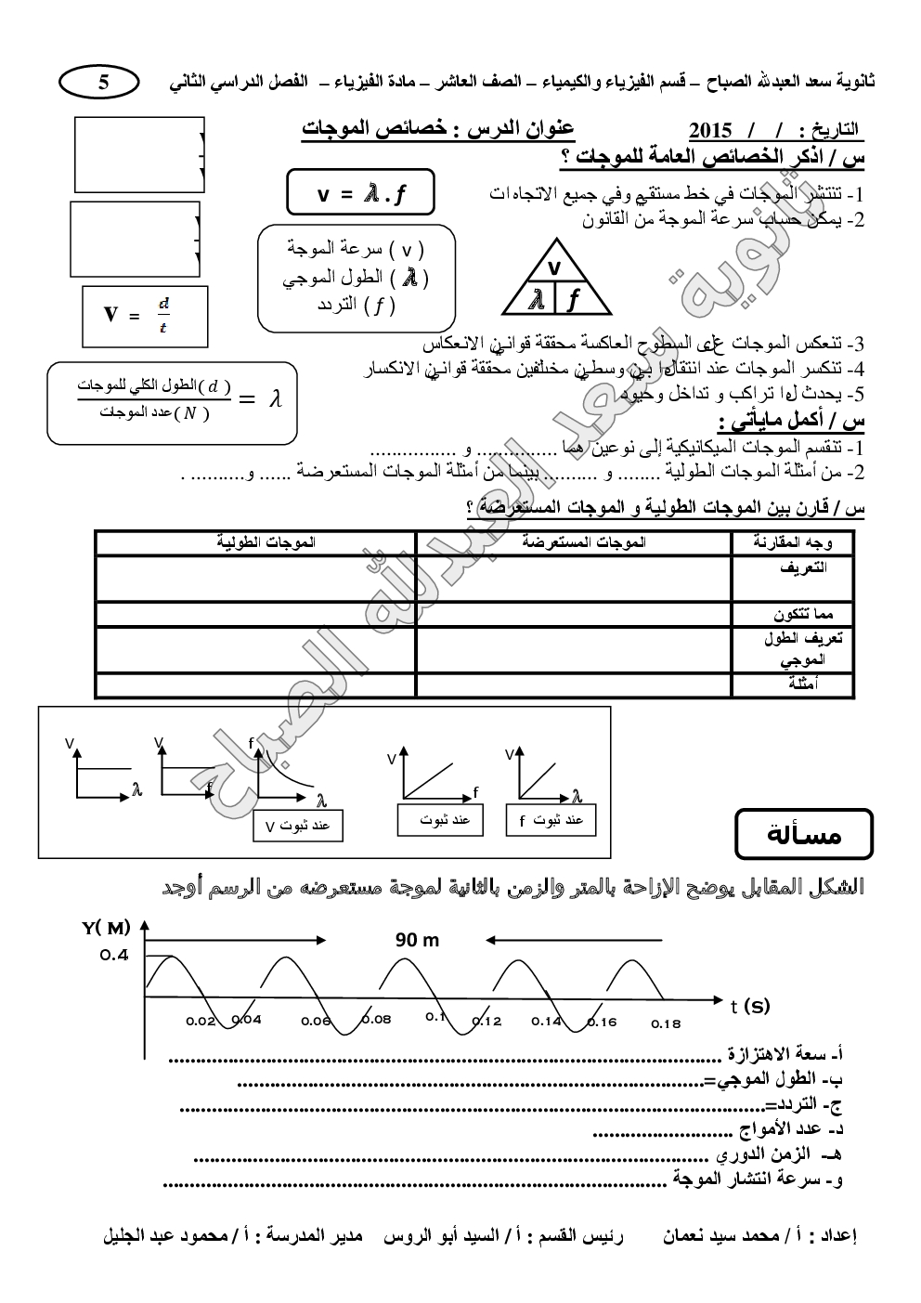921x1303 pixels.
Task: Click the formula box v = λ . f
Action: coord(360,193)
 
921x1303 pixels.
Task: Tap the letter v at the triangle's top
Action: coord(554,267)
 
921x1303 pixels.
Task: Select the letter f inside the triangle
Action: coord(574,299)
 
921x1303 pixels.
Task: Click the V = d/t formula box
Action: coord(144,316)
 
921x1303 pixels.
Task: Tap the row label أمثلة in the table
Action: coord(803,684)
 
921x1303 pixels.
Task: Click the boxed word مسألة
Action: coord(804,834)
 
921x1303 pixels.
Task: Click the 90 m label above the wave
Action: coord(417,940)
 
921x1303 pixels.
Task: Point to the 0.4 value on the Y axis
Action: coord(115,956)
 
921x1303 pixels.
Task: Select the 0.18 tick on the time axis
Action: coord(665,1023)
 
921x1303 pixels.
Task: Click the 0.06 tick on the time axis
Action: coord(316,1021)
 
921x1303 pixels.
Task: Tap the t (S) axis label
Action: coord(749,1005)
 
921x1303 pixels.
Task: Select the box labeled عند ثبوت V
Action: coord(297,826)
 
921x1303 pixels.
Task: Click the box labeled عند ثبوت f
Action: coord(551,820)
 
